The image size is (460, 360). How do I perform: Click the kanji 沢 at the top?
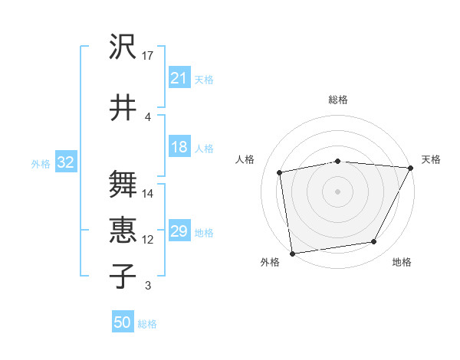coord(123,48)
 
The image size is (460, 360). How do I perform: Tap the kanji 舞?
coord(123,185)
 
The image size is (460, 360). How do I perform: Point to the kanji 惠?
coord(123,231)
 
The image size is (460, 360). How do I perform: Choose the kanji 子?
coord(123,275)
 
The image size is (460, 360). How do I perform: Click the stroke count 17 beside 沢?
coord(149,55)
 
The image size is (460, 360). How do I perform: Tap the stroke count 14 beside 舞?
coord(149,193)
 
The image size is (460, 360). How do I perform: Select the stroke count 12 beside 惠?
coord(149,239)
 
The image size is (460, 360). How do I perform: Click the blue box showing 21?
coord(179,78)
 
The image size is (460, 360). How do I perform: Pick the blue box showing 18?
coord(179,147)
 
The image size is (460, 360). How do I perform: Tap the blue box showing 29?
coord(179,231)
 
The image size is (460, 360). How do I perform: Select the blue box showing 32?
coord(65,162)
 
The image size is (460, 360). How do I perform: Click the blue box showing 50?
coord(122,322)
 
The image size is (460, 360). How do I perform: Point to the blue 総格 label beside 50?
coord(147,324)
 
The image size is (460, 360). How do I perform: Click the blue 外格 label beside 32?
coord(40,163)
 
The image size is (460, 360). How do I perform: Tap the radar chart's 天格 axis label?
coord(431,159)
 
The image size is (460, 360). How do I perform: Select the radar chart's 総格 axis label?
coord(338,100)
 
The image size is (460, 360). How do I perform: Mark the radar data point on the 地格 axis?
coord(374,242)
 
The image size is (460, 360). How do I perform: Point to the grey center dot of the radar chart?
coord(337,191)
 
